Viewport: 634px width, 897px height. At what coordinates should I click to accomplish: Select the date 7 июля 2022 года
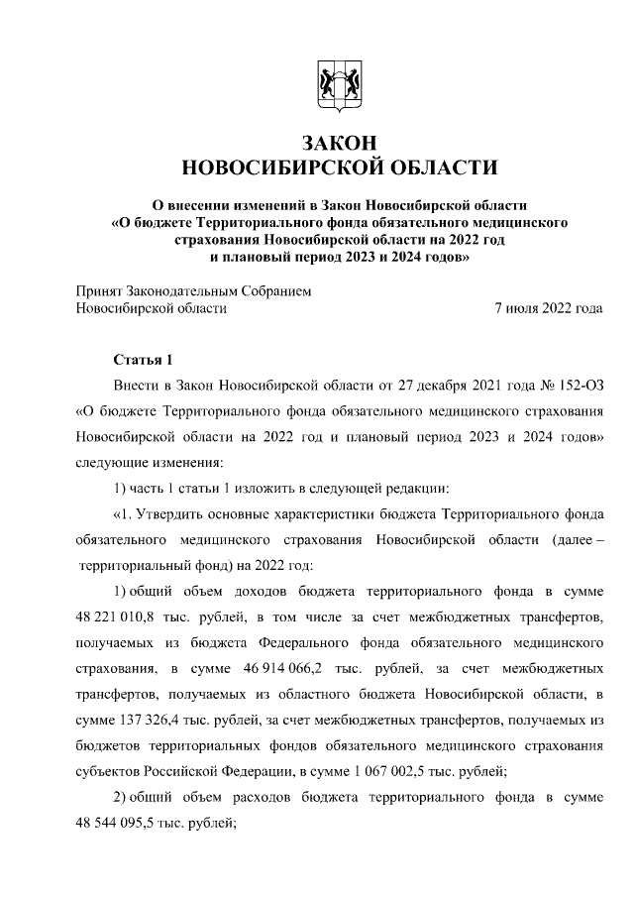click(549, 308)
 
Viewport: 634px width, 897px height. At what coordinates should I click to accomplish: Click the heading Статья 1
click(144, 360)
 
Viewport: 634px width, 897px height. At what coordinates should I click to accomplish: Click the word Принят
click(101, 291)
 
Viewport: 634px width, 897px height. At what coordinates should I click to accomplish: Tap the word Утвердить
click(173, 513)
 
